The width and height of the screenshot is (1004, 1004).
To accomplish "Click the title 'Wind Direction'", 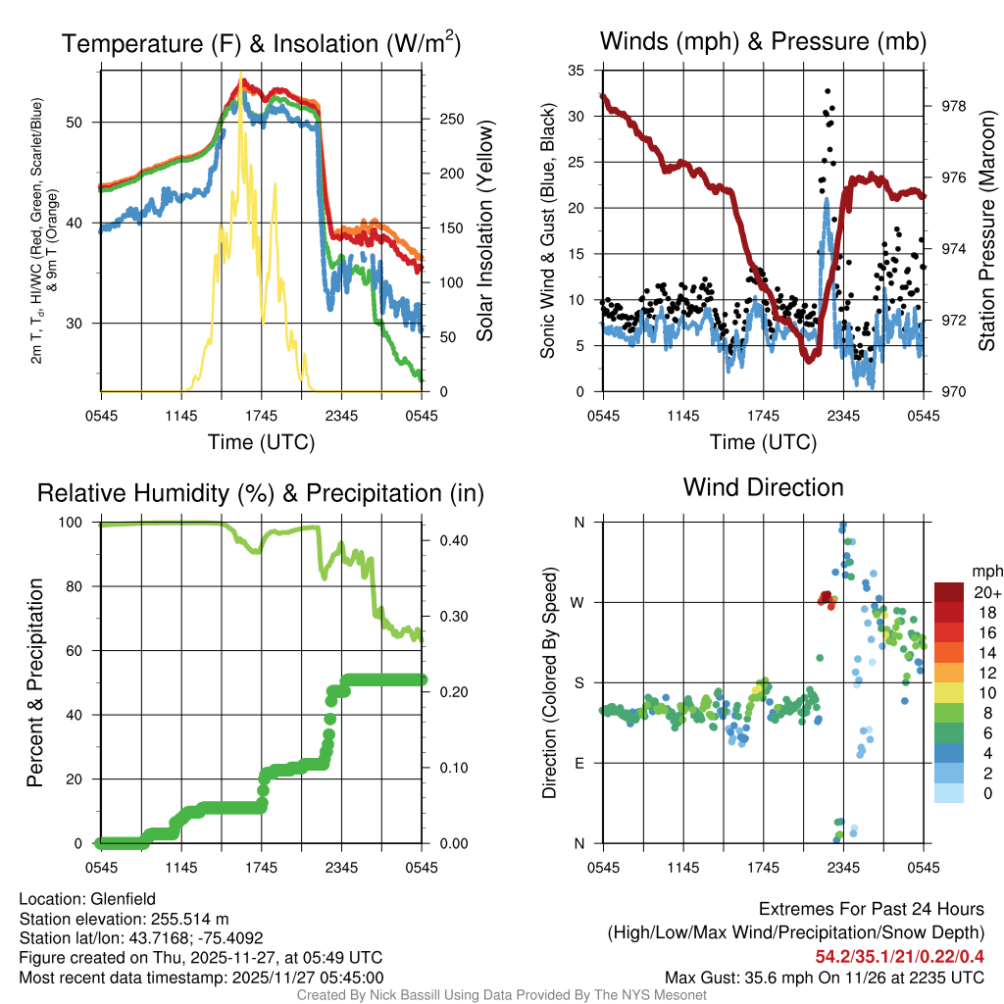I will tap(763, 487).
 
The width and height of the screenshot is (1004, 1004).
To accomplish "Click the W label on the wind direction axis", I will tap(580, 602).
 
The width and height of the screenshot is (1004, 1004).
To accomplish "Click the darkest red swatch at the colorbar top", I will tap(948, 592).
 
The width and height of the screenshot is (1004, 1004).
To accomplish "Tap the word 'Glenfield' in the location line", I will tap(123, 899).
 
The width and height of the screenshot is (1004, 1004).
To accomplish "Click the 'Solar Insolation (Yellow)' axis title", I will tap(484, 231).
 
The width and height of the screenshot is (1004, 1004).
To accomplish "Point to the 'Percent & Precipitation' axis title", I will tap(36, 682).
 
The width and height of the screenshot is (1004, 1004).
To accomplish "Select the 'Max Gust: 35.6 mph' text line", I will tap(824, 978).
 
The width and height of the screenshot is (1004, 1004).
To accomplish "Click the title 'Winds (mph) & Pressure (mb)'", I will tap(763, 42).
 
